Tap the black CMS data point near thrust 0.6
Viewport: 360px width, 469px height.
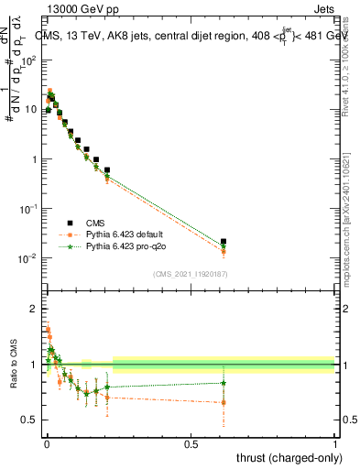pyautogui.click(x=224, y=242)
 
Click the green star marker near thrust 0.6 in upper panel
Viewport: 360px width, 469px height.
pyautogui.click(x=224, y=245)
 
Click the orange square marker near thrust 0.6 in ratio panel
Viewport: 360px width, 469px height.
pyautogui.click(x=224, y=402)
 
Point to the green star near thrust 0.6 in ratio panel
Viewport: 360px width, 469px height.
pyautogui.click(x=224, y=383)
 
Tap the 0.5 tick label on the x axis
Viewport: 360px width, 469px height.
pyautogui.click(x=191, y=443)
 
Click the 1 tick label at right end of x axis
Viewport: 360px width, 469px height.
pyautogui.click(x=335, y=443)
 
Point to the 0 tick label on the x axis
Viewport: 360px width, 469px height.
pyautogui.click(x=46, y=443)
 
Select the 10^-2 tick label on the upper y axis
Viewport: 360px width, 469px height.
pyautogui.click(x=29, y=258)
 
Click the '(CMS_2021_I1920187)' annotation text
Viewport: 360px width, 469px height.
pyautogui.click(x=190, y=274)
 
